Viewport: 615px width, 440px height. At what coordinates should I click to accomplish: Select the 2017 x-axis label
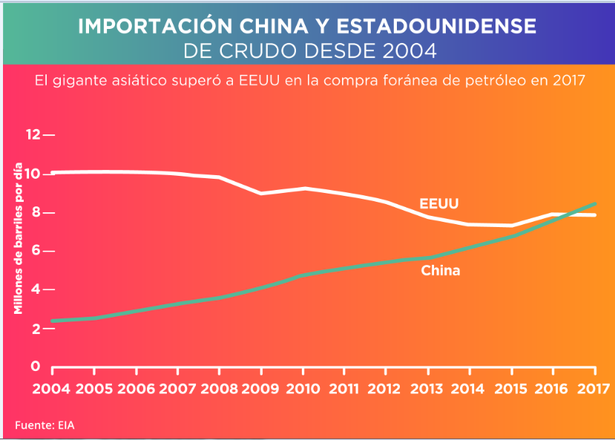(592, 388)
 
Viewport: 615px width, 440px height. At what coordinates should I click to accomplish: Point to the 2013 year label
(427, 388)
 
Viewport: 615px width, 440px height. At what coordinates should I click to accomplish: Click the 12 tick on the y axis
(33, 135)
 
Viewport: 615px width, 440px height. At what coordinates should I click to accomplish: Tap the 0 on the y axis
(35, 366)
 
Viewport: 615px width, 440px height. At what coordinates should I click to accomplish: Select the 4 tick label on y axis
(34, 289)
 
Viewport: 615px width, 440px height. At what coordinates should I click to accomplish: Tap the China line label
(441, 271)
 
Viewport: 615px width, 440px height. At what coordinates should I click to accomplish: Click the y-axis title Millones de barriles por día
(19, 237)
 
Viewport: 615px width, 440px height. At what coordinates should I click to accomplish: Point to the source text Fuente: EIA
(45, 425)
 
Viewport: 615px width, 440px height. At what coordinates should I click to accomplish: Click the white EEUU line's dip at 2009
(260, 193)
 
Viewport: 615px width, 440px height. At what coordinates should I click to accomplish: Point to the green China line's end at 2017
(596, 203)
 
